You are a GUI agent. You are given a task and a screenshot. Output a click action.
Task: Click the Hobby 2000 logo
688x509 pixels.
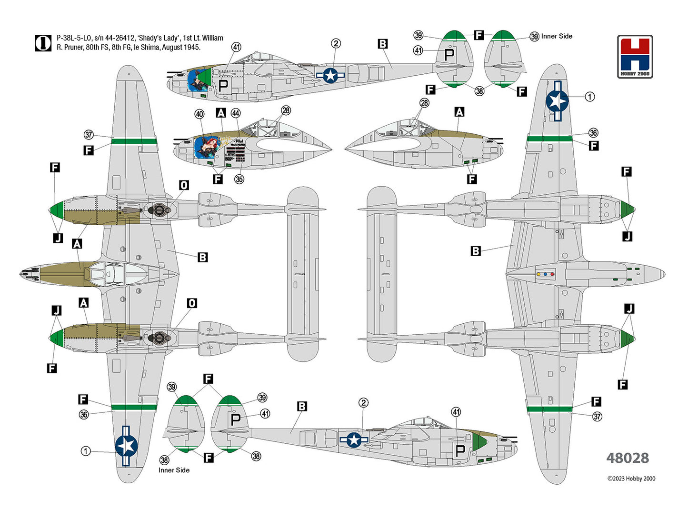[635, 56]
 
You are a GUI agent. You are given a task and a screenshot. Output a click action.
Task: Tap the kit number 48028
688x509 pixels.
[627, 458]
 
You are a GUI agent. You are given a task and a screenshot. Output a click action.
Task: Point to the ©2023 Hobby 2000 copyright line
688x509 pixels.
[631, 479]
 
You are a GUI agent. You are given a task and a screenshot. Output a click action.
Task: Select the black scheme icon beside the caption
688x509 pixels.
[43, 43]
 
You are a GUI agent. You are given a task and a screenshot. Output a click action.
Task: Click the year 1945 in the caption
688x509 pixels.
[191, 48]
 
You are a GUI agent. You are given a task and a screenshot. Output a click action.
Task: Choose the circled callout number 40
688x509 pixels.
[199, 114]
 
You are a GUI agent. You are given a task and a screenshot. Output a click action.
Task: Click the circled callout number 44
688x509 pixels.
[236, 113]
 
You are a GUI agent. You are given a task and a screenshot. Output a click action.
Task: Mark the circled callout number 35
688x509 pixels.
[239, 179]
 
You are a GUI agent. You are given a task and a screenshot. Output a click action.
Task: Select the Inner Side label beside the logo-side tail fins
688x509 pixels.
[557, 36]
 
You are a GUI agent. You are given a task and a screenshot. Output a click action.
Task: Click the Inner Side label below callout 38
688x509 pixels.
[174, 470]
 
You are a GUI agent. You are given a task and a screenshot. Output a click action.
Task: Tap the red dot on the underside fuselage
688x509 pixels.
[552, 274]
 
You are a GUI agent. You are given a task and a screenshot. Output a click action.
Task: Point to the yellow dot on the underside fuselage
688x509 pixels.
[538, 274]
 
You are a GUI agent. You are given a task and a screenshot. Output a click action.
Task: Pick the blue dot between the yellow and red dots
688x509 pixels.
[545, 274]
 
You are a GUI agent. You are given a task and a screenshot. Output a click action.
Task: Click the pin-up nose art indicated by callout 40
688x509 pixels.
[206, 148]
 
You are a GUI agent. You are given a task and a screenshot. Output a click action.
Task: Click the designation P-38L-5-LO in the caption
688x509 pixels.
[73, 38]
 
